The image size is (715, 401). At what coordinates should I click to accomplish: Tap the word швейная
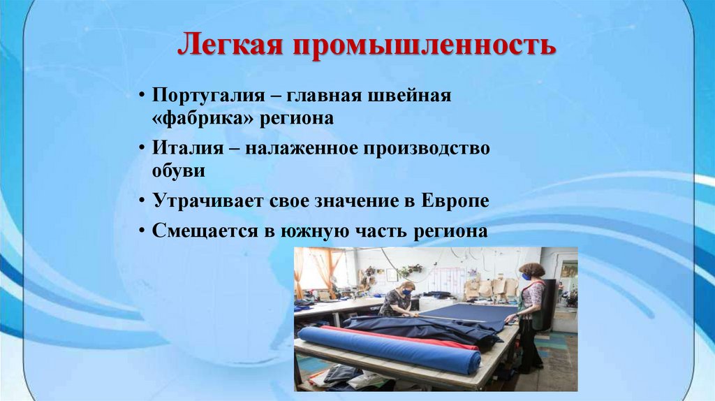pyautogui.click(x=413, y=95)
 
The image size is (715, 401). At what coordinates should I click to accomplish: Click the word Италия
pyautogui.click(x=181, y=148)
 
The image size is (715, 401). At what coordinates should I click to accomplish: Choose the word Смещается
pyautogui.click(x=199, y=232)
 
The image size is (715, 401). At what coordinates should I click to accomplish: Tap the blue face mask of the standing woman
pyautogui.click(x=526, y=277)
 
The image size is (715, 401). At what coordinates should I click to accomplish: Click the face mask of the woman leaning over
pyautogui.click(x=406, y=293)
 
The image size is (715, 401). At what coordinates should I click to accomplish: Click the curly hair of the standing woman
pyautogui.click(x=532, y=268)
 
